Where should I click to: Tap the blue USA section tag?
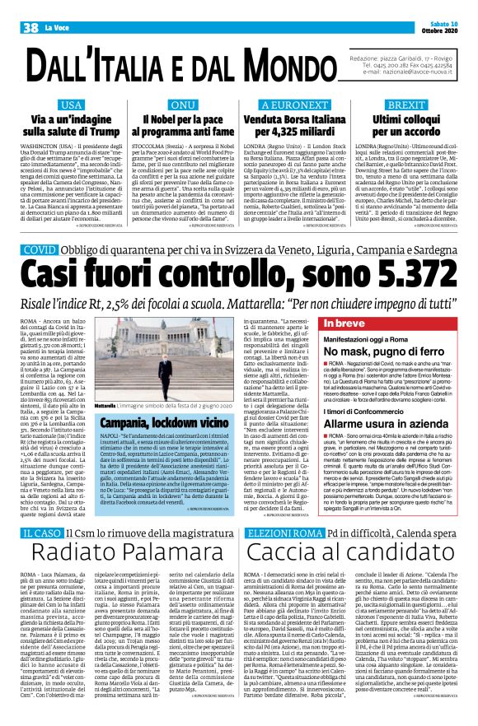[71, 106]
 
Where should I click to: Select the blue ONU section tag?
[182, 106]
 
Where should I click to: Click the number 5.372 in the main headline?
[392, 272]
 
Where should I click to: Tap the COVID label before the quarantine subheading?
[40, 249]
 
